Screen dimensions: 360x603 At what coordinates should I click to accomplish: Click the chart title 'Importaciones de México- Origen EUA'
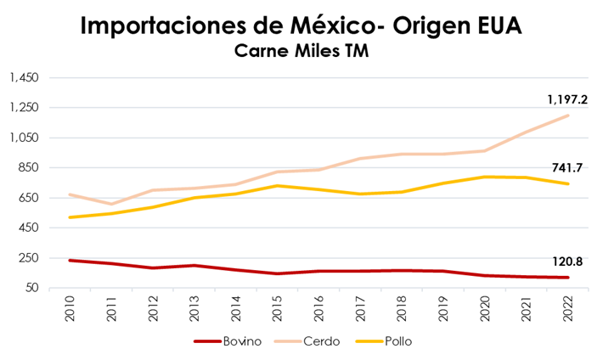pyautogui.click(x=301, y=25)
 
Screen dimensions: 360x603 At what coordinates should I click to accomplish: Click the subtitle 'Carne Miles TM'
pyautogui.click(x=301, y=53)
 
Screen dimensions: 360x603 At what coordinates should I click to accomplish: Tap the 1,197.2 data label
pyautogui.click(x=567, y=99)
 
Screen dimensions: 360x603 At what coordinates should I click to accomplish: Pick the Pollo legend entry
pyautogui.click(x=397, y=341)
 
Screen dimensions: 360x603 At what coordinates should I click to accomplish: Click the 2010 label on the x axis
pyautogui.click(x=70, y=307)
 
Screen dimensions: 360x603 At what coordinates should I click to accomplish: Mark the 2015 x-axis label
pyautogui.click(x=277, y=307)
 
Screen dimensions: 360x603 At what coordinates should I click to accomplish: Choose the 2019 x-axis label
pyautogui.click(x=442, y=307)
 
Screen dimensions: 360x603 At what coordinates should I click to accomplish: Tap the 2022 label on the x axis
pyautogui.click(x=567, y=307)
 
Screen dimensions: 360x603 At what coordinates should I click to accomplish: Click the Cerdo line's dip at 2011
pyautogui.click(x=111, y=204)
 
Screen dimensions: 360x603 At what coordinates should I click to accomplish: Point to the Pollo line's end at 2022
pyautogui.click(x=567, y=183)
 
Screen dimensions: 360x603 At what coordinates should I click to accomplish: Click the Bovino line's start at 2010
pyautogui.click(x=70, y=261)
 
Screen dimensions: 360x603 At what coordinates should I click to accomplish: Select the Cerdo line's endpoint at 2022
pyautogui.click(x=567, y=115)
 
